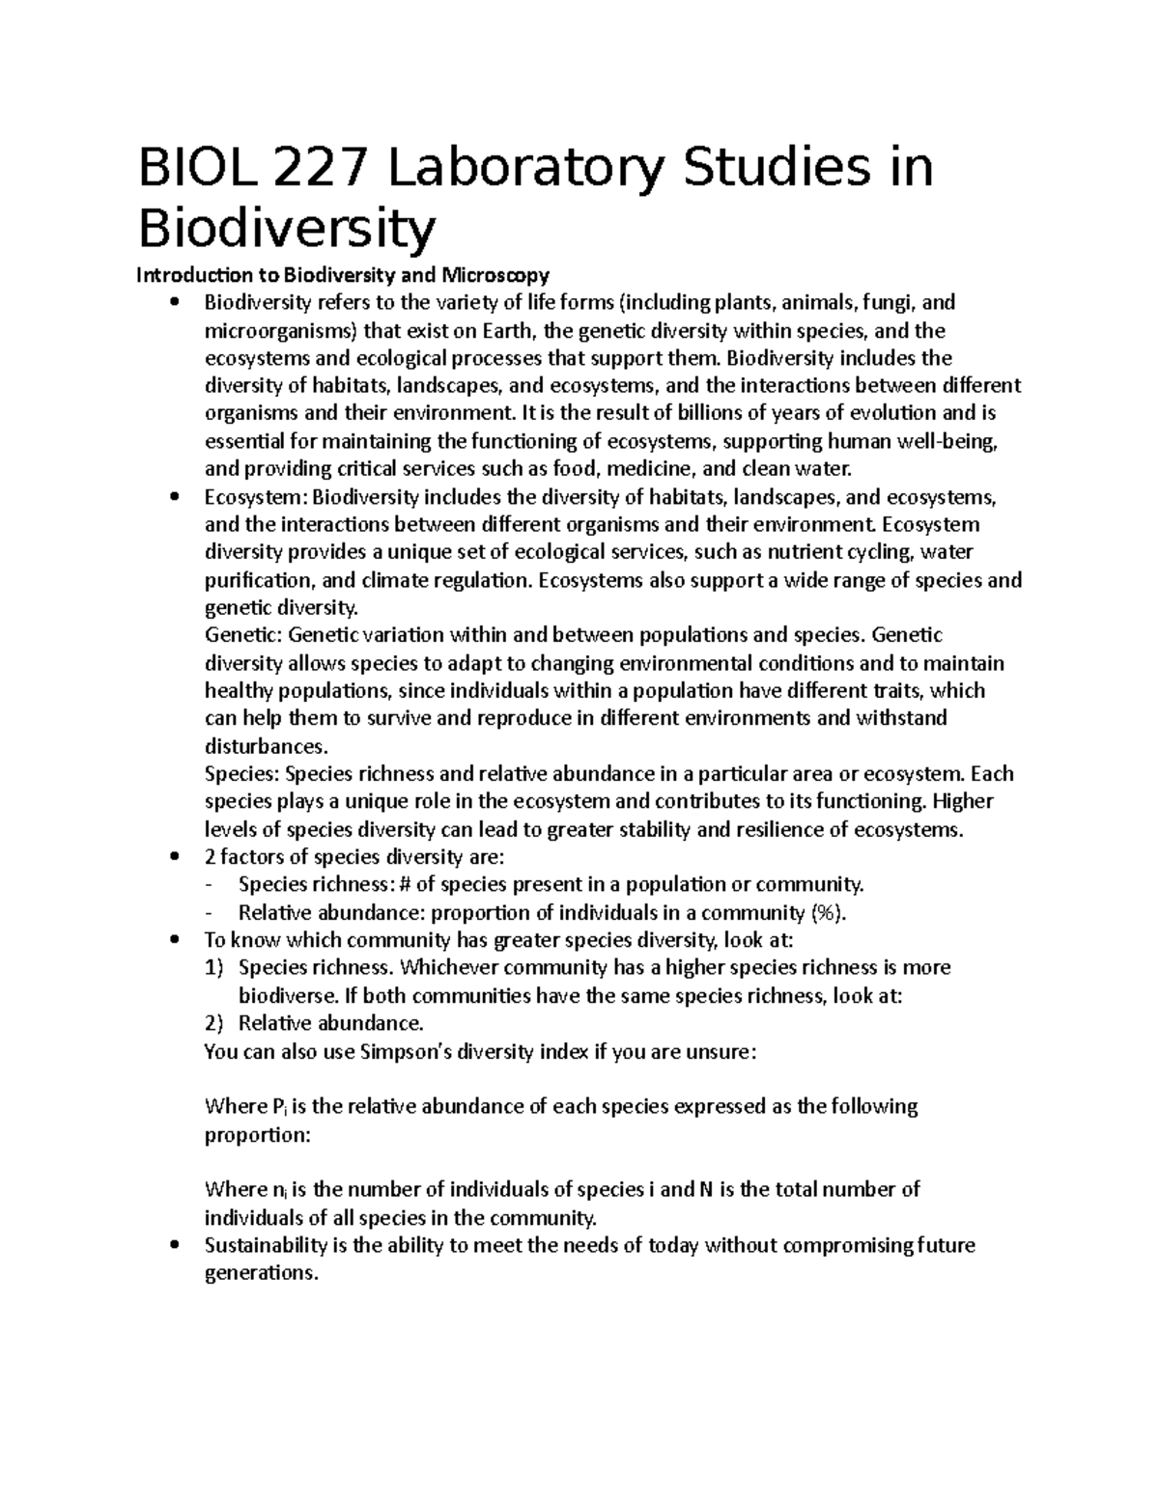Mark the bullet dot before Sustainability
(x=174, y=1245)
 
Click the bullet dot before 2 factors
(x=174, y=857)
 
